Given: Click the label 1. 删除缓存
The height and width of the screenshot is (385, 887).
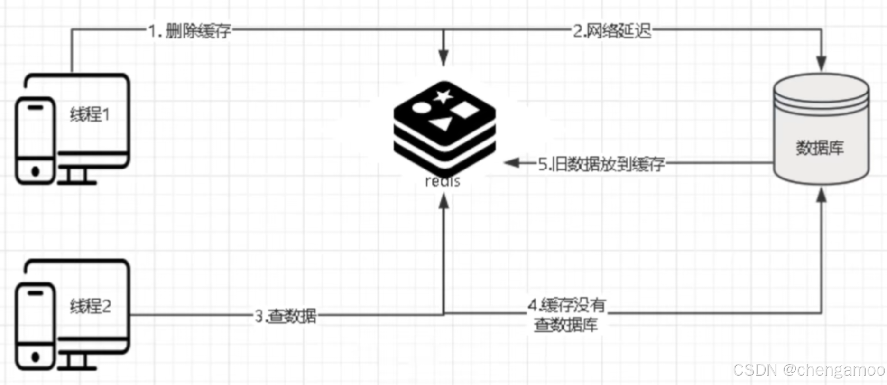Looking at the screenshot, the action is [190, 31].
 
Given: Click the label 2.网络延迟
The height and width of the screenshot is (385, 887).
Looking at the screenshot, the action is [612, 31].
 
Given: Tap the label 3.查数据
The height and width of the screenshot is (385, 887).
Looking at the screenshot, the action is [286, 316].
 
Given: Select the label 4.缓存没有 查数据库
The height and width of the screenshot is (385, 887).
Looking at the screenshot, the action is [567, 315].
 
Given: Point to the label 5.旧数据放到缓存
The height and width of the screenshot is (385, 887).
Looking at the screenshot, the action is [601, 164].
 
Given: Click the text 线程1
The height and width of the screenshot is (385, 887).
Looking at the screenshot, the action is [90, 114].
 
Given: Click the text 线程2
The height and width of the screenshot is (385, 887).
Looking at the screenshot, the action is [90, 306].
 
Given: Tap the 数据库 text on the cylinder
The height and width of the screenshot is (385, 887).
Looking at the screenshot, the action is [820, 148].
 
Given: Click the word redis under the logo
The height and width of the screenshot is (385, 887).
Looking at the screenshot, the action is [443, 181].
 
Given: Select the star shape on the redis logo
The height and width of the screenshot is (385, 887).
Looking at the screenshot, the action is [443, 96].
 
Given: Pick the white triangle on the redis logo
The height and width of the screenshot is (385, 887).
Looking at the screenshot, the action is [441, 123].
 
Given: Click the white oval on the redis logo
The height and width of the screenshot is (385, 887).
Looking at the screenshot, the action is [421, 108].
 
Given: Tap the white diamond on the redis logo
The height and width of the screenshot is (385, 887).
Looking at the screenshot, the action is [464, 110].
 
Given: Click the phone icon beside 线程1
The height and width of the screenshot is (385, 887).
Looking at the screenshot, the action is [35, 141].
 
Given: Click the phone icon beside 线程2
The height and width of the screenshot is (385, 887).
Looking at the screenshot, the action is [35, 327].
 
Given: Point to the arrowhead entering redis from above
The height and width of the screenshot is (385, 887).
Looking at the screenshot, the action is [443, 59].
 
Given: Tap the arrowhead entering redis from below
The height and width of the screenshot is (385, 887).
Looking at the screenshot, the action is [443, 202].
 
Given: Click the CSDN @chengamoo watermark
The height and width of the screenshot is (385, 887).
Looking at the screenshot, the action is [809, 370].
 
